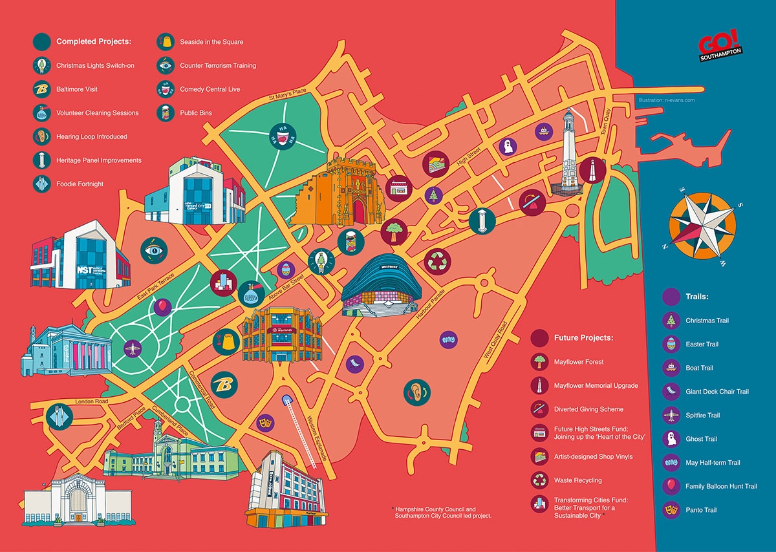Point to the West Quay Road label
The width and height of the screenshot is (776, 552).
[x=497, y=339]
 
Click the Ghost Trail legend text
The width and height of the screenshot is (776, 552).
[x=701, y=439]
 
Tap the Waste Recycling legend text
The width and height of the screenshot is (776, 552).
[x=577, y=480]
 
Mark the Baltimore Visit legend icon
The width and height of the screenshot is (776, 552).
[x=41, y=89]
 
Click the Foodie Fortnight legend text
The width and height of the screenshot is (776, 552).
[x=80, y=184]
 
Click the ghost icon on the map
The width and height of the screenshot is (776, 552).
[x=509, y=146]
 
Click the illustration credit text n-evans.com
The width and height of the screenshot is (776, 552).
[x=665, y=100]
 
